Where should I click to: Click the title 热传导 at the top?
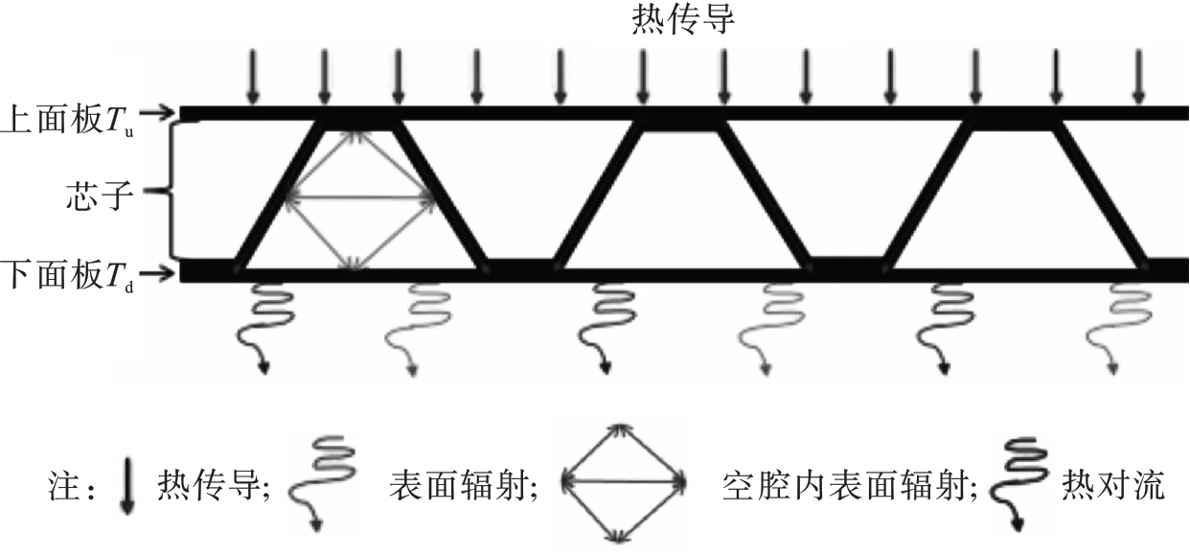coord(683,20)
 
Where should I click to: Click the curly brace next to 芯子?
coord(170,194)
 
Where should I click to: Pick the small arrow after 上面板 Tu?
coord(164,114)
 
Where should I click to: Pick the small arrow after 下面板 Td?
coord(164,274)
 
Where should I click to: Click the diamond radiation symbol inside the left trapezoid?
coord(357,198)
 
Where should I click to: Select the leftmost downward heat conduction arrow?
coord(252,77)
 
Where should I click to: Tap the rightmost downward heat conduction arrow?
coord(1138,77)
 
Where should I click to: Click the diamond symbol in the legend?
coord(624,480)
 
